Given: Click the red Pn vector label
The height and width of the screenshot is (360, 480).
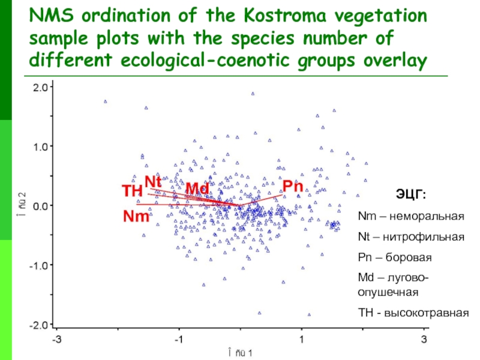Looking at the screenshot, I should pyautogui.click(x=292, y=186).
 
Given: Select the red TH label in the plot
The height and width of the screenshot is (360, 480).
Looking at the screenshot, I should pyautogui.click(x=131, y=191).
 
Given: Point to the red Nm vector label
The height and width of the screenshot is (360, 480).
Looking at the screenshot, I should pyautogui.click(x=136, y=216).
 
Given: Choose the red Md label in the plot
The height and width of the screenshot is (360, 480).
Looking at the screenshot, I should pyautogui.click(x=197, y=189).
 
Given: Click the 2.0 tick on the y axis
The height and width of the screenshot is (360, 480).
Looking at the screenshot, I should pyautogui.click(x=42, y=87).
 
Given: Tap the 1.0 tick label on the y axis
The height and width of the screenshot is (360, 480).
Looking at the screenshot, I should pyautogui.click(x=42, y=146).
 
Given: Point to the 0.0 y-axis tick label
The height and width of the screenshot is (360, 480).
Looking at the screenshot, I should pyautogui.click(x=42, y=205).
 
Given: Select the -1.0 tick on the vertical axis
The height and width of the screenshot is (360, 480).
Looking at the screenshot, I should pyautogui.click(x=40, y=265).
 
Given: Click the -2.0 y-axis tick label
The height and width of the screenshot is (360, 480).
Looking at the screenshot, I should pyautogui.click(x=40, y=325).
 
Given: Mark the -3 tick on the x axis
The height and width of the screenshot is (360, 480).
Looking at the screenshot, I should pyautogui.click(x=56, y=339).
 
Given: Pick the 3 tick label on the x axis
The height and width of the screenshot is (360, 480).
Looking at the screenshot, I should pyautogui.click(x=425, y=339).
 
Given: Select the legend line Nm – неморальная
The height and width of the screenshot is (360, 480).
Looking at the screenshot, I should pyautogui.click(x=411, y=216).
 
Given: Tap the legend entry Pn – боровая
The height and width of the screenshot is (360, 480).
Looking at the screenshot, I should pyautogui.click(x=394, y=257).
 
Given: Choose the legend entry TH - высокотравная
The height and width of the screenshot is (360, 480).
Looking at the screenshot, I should pyautogui.click(x=412, y=313).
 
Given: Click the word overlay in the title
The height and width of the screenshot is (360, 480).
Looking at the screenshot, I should pyautogui.click(x=393, y=61).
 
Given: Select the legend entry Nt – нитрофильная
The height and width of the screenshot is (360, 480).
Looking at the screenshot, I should pyautogui.click(x=411, y=237).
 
